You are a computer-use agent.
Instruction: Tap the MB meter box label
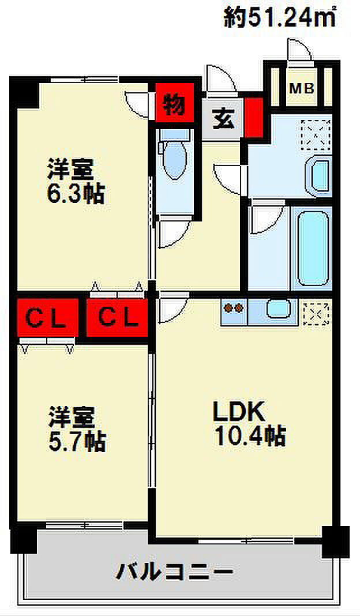pos(301,89)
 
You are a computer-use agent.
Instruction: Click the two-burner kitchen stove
pos(233,309)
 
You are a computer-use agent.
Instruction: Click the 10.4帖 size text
pos(250,436)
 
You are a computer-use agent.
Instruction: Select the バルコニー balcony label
pos(176,573)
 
